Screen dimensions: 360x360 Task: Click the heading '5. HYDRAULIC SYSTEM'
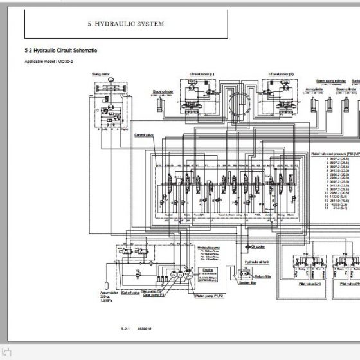126,24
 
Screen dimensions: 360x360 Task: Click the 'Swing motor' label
102,75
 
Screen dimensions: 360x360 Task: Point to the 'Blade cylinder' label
163,91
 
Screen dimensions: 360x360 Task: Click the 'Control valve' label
143,135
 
